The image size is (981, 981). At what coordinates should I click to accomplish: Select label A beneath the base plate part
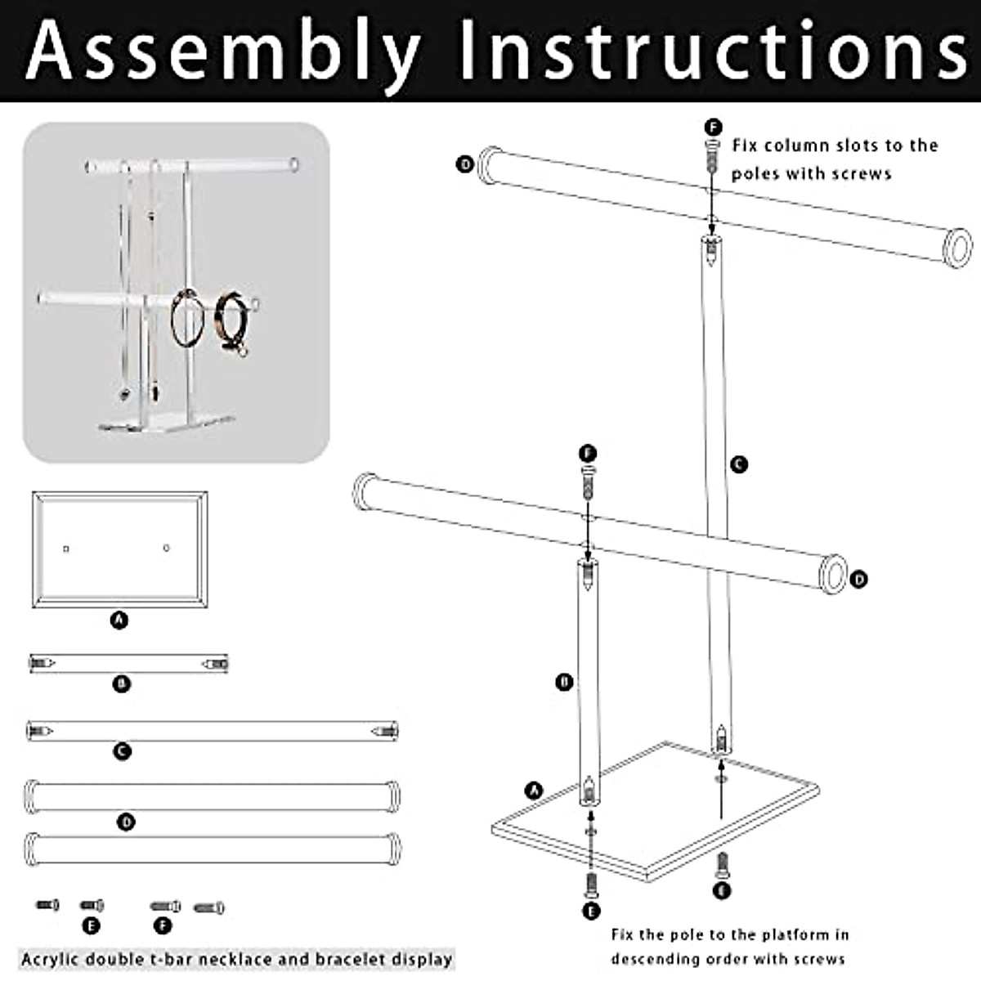click(119, 620)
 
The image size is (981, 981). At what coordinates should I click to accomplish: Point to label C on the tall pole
click(738, 464)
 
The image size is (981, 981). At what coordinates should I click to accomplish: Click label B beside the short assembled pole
click(564, 682)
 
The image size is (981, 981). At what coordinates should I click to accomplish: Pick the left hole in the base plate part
click(66, 549)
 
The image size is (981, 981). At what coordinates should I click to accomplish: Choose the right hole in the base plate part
click(167, 548)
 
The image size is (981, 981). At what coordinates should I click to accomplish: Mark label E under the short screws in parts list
click(91, 925)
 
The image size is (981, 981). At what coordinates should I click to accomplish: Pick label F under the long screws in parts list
click(163, 925)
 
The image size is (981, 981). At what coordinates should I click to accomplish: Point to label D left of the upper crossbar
click(464, 164)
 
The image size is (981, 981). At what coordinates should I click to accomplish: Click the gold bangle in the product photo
click(186, 320)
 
